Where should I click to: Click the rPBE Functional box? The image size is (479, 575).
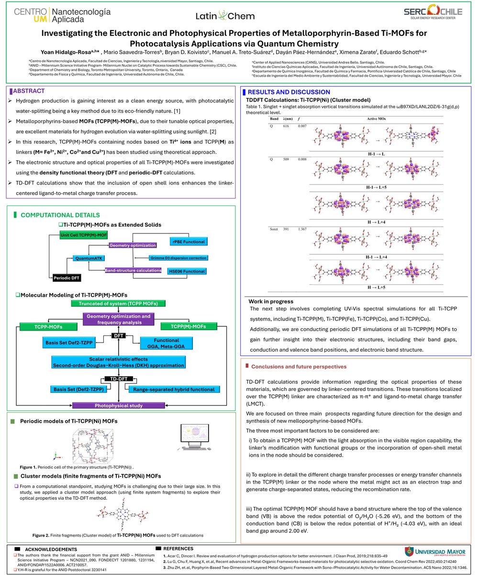[x=189, y=241]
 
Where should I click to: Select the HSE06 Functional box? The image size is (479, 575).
[x=187, y=271]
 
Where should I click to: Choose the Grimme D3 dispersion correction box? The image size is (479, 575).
[x=178, y=258]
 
